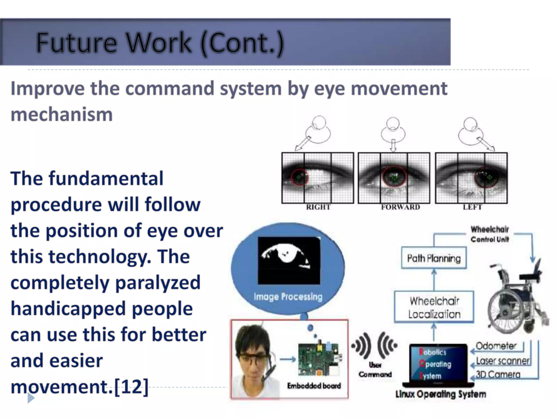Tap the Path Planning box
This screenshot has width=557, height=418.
[x=434, y=258]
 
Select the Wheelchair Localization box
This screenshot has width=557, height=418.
[x=434, y=307]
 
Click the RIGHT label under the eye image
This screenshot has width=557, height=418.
[x=318, y=207]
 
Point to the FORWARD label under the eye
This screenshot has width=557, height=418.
[x=400, y=207]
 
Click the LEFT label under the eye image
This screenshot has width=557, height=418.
[x=472, y=207]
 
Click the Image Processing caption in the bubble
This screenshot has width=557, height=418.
[x=288, y=296]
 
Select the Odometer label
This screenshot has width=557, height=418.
[x=496, y=346]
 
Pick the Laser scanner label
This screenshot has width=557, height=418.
[x=503, y=361]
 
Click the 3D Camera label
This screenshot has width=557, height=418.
[x=498, y=375]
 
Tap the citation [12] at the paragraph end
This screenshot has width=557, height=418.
[x=131, y=386]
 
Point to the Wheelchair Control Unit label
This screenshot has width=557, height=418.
[x=490, y=234]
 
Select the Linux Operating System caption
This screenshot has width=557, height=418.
[x=441, y=394]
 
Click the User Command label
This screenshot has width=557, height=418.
[x=375, y=370]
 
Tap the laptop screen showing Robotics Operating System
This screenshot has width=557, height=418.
[x=438, y=364]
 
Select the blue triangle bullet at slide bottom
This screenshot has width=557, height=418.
[x=31, y=398]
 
